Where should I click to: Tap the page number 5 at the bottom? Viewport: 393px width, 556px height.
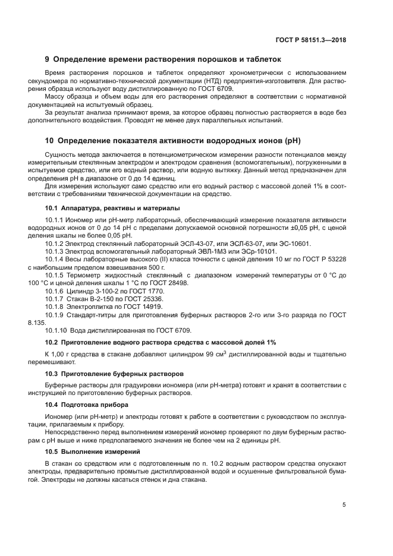[344, 505]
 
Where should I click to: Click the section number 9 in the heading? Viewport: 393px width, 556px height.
[48, 59]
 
